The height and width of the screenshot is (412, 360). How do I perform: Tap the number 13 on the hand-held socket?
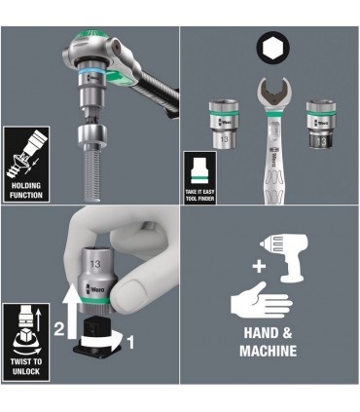click(x=95, y=262)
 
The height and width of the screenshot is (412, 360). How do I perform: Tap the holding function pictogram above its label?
click(x=27, y=151)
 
